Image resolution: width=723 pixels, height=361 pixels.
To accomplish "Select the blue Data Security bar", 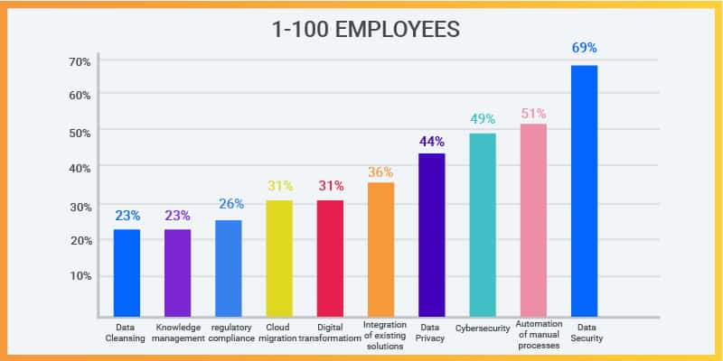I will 584,190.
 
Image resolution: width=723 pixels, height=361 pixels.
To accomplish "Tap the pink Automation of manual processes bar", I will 533,220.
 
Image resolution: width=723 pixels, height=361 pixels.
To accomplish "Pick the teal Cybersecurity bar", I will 483,225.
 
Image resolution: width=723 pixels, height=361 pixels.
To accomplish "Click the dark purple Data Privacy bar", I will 431,235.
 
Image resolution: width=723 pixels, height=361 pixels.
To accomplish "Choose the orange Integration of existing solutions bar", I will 380,249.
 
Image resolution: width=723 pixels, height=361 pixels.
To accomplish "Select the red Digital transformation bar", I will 330,258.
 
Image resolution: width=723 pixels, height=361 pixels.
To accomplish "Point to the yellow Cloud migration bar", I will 279,258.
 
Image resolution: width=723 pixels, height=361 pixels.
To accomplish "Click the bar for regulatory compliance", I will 228,268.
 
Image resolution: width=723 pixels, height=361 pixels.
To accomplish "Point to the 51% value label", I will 533,114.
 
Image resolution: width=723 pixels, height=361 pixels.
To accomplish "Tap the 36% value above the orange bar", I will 380,171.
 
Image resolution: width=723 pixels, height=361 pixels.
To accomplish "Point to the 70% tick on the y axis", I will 79,61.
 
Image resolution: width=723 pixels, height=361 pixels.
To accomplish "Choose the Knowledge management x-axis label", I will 177,333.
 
